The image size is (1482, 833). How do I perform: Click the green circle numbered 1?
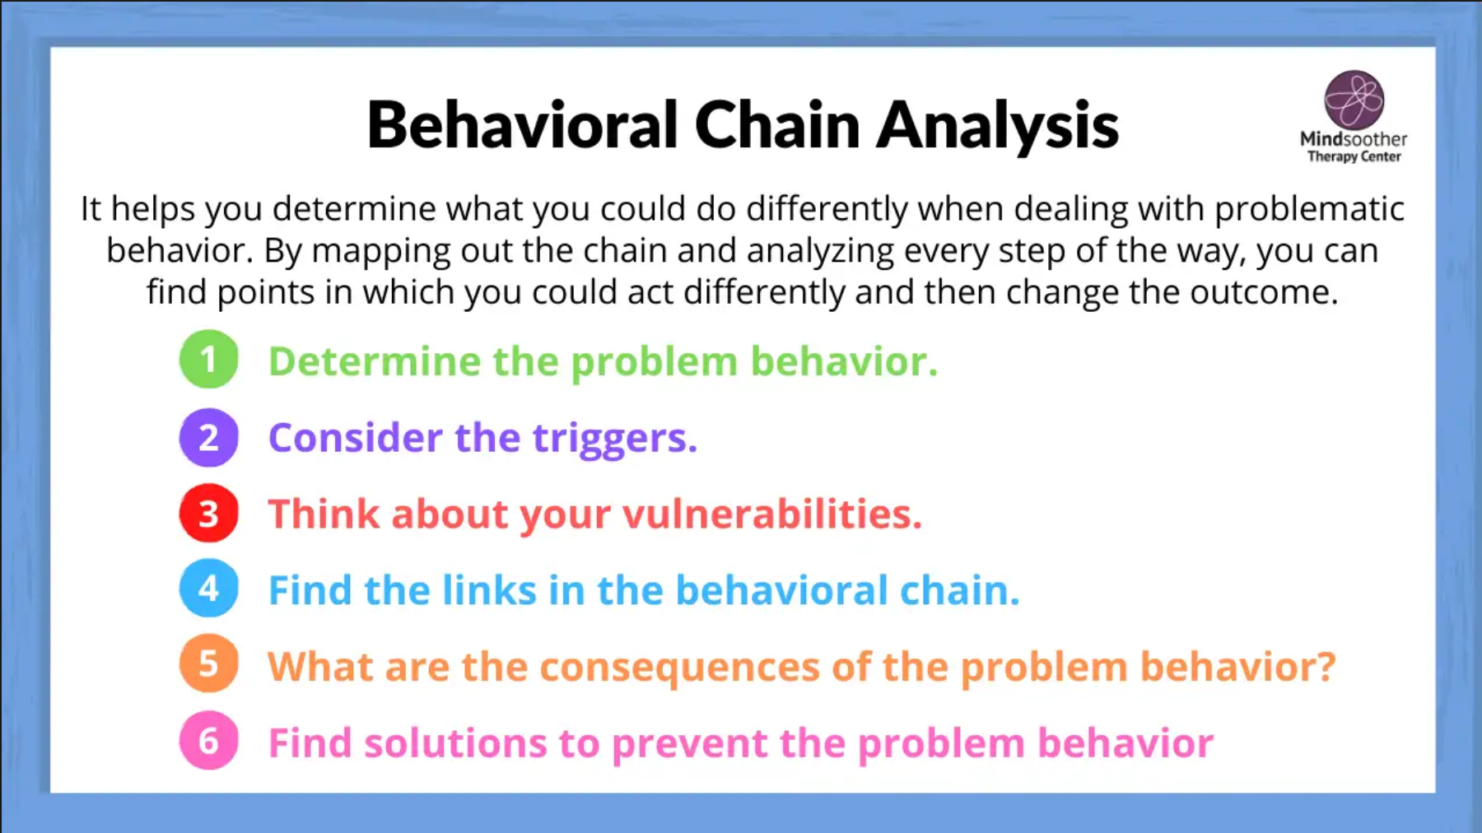pyautogui.click(x=208, y=359)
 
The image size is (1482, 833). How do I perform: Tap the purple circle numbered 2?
pyautogui.click(x=208, y=437)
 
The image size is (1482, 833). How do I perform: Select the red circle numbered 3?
pyautogui.click(x=208, y=513)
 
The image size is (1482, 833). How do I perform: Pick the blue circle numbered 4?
pyautogui.click(x=208, y=589)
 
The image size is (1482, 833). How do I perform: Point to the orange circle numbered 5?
pyautogui.click(x=208, y=663)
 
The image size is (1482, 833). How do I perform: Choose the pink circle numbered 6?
pyautogui.click(x=208, y=740)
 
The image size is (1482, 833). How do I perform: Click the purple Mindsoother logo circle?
pyautogui.click(x=1354, y=100)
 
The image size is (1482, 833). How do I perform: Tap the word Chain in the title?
pyautogui.click(x=777, y=125)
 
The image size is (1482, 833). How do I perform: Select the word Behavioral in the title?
pyautogui.click(x=522, y=124)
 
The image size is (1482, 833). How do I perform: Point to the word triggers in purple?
pyautogui.click(x=614, y=440)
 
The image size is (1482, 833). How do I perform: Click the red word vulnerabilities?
pyautogui.click(x=772, y=514)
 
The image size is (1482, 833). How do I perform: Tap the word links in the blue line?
pyautogui.click(x=489, y=590)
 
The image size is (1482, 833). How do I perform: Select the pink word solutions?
pyautogui.click(x=455, y=743)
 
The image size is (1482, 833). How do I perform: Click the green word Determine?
pyautogui.click(x=375, y=362)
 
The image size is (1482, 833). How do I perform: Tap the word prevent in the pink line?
pyautogui.click(x=690, y=745)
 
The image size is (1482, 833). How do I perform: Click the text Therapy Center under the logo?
pyautogui.click(x=1354, y=156)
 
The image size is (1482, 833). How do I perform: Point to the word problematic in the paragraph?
pyautogui.click(x=1310, y=210)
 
